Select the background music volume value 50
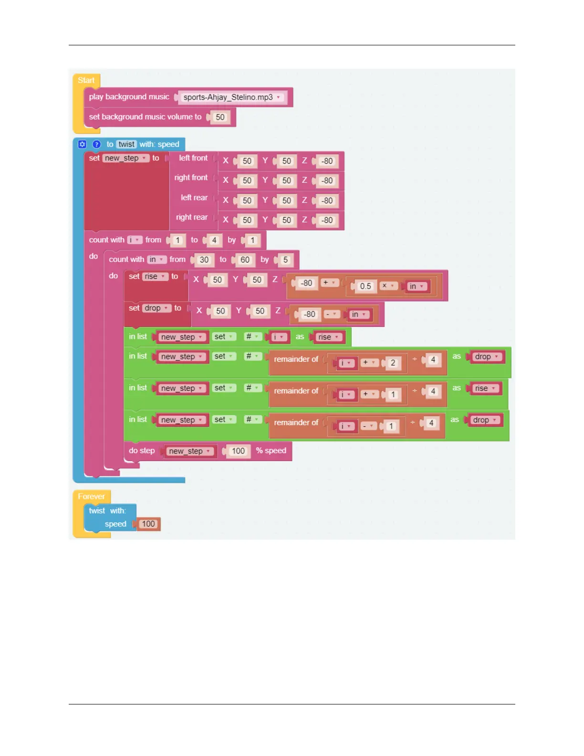point(220,117)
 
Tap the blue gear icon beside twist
point(82,144)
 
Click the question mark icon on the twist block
point(96,144)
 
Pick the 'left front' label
point(193,158)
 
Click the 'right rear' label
point(192,217)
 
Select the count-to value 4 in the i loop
point(214,240)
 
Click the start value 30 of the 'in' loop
point(204,260)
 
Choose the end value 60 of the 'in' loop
point(245,260)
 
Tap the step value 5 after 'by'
point(285,260)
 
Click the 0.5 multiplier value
point(365,286)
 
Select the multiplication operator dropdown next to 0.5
point(387,285)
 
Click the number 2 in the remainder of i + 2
point(393,363)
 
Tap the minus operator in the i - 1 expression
point(368,426)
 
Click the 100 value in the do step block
point(238,451)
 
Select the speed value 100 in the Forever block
point(148,524)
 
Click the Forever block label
point(91,496)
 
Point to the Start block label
point(86,80)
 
